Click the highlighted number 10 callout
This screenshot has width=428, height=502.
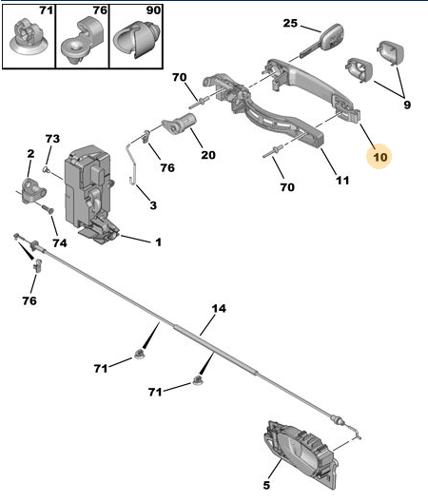pyautogui.click(x=379, y=157)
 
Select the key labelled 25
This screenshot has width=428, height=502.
pyautogui.click(x=322, y=41)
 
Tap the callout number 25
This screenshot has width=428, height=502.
pyautogui.click(x=290, y=23)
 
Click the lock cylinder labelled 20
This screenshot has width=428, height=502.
pyautogui.click(x=179, y=125)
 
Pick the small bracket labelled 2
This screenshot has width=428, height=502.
pyautogui.click(x=32, y=190)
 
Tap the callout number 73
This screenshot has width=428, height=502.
pyautogui.click(x=52, y=139)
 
